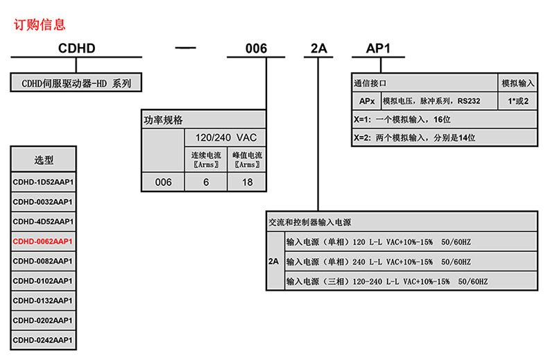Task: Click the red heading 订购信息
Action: click(x=40, y=25)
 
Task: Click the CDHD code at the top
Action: click(x=76, y=49)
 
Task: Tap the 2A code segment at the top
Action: click(x=318, y=49)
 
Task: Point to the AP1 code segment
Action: click(x=379, y=49)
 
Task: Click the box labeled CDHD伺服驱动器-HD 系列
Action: click(x=76, y=83)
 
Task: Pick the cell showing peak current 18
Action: click(x=246, y=182)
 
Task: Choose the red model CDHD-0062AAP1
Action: click(x=43, y=241)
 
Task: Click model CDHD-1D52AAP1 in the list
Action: click(x=43, y=182)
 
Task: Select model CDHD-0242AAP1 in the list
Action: click(x=43, y=341)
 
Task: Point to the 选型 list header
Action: click(x=44, y=160)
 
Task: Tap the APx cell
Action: click(x=366, y=101)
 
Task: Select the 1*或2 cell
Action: click(x=517, y=101)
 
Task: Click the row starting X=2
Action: click(x=444, y=137)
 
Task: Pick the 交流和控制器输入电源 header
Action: click(x=309, y=223)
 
